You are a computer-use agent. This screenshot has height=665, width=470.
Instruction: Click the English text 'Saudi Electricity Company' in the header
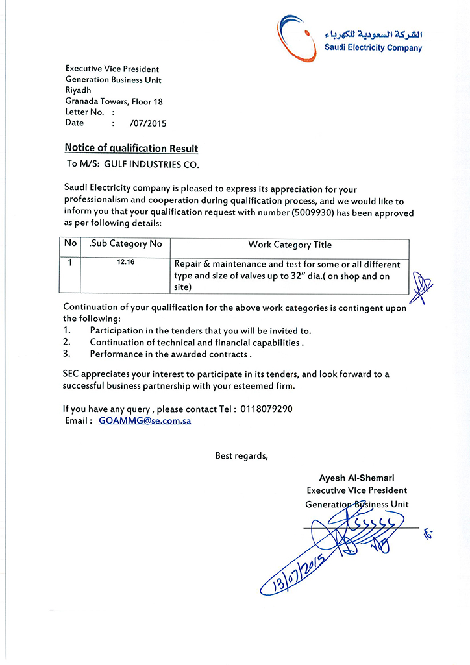[x=373, y=48]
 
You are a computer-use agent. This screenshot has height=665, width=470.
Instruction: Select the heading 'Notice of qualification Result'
[x=131, y=149]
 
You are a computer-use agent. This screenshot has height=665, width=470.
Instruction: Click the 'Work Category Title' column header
[x=290, y=245]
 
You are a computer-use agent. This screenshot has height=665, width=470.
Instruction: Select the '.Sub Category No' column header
[x=125, y=244]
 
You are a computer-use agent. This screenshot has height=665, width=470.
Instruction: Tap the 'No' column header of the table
[x=69, y=244]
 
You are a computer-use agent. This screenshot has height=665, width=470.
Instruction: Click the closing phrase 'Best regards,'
[x=241, y=455]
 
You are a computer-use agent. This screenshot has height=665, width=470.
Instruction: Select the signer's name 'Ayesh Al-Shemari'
[x=356, y=478]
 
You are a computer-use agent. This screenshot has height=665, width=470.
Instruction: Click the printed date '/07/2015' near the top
[x=148, y=123]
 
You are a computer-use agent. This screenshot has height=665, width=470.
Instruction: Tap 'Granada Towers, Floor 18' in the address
[x=114, y=101]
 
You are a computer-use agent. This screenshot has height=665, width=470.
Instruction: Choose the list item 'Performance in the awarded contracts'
[x=170, y=354]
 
